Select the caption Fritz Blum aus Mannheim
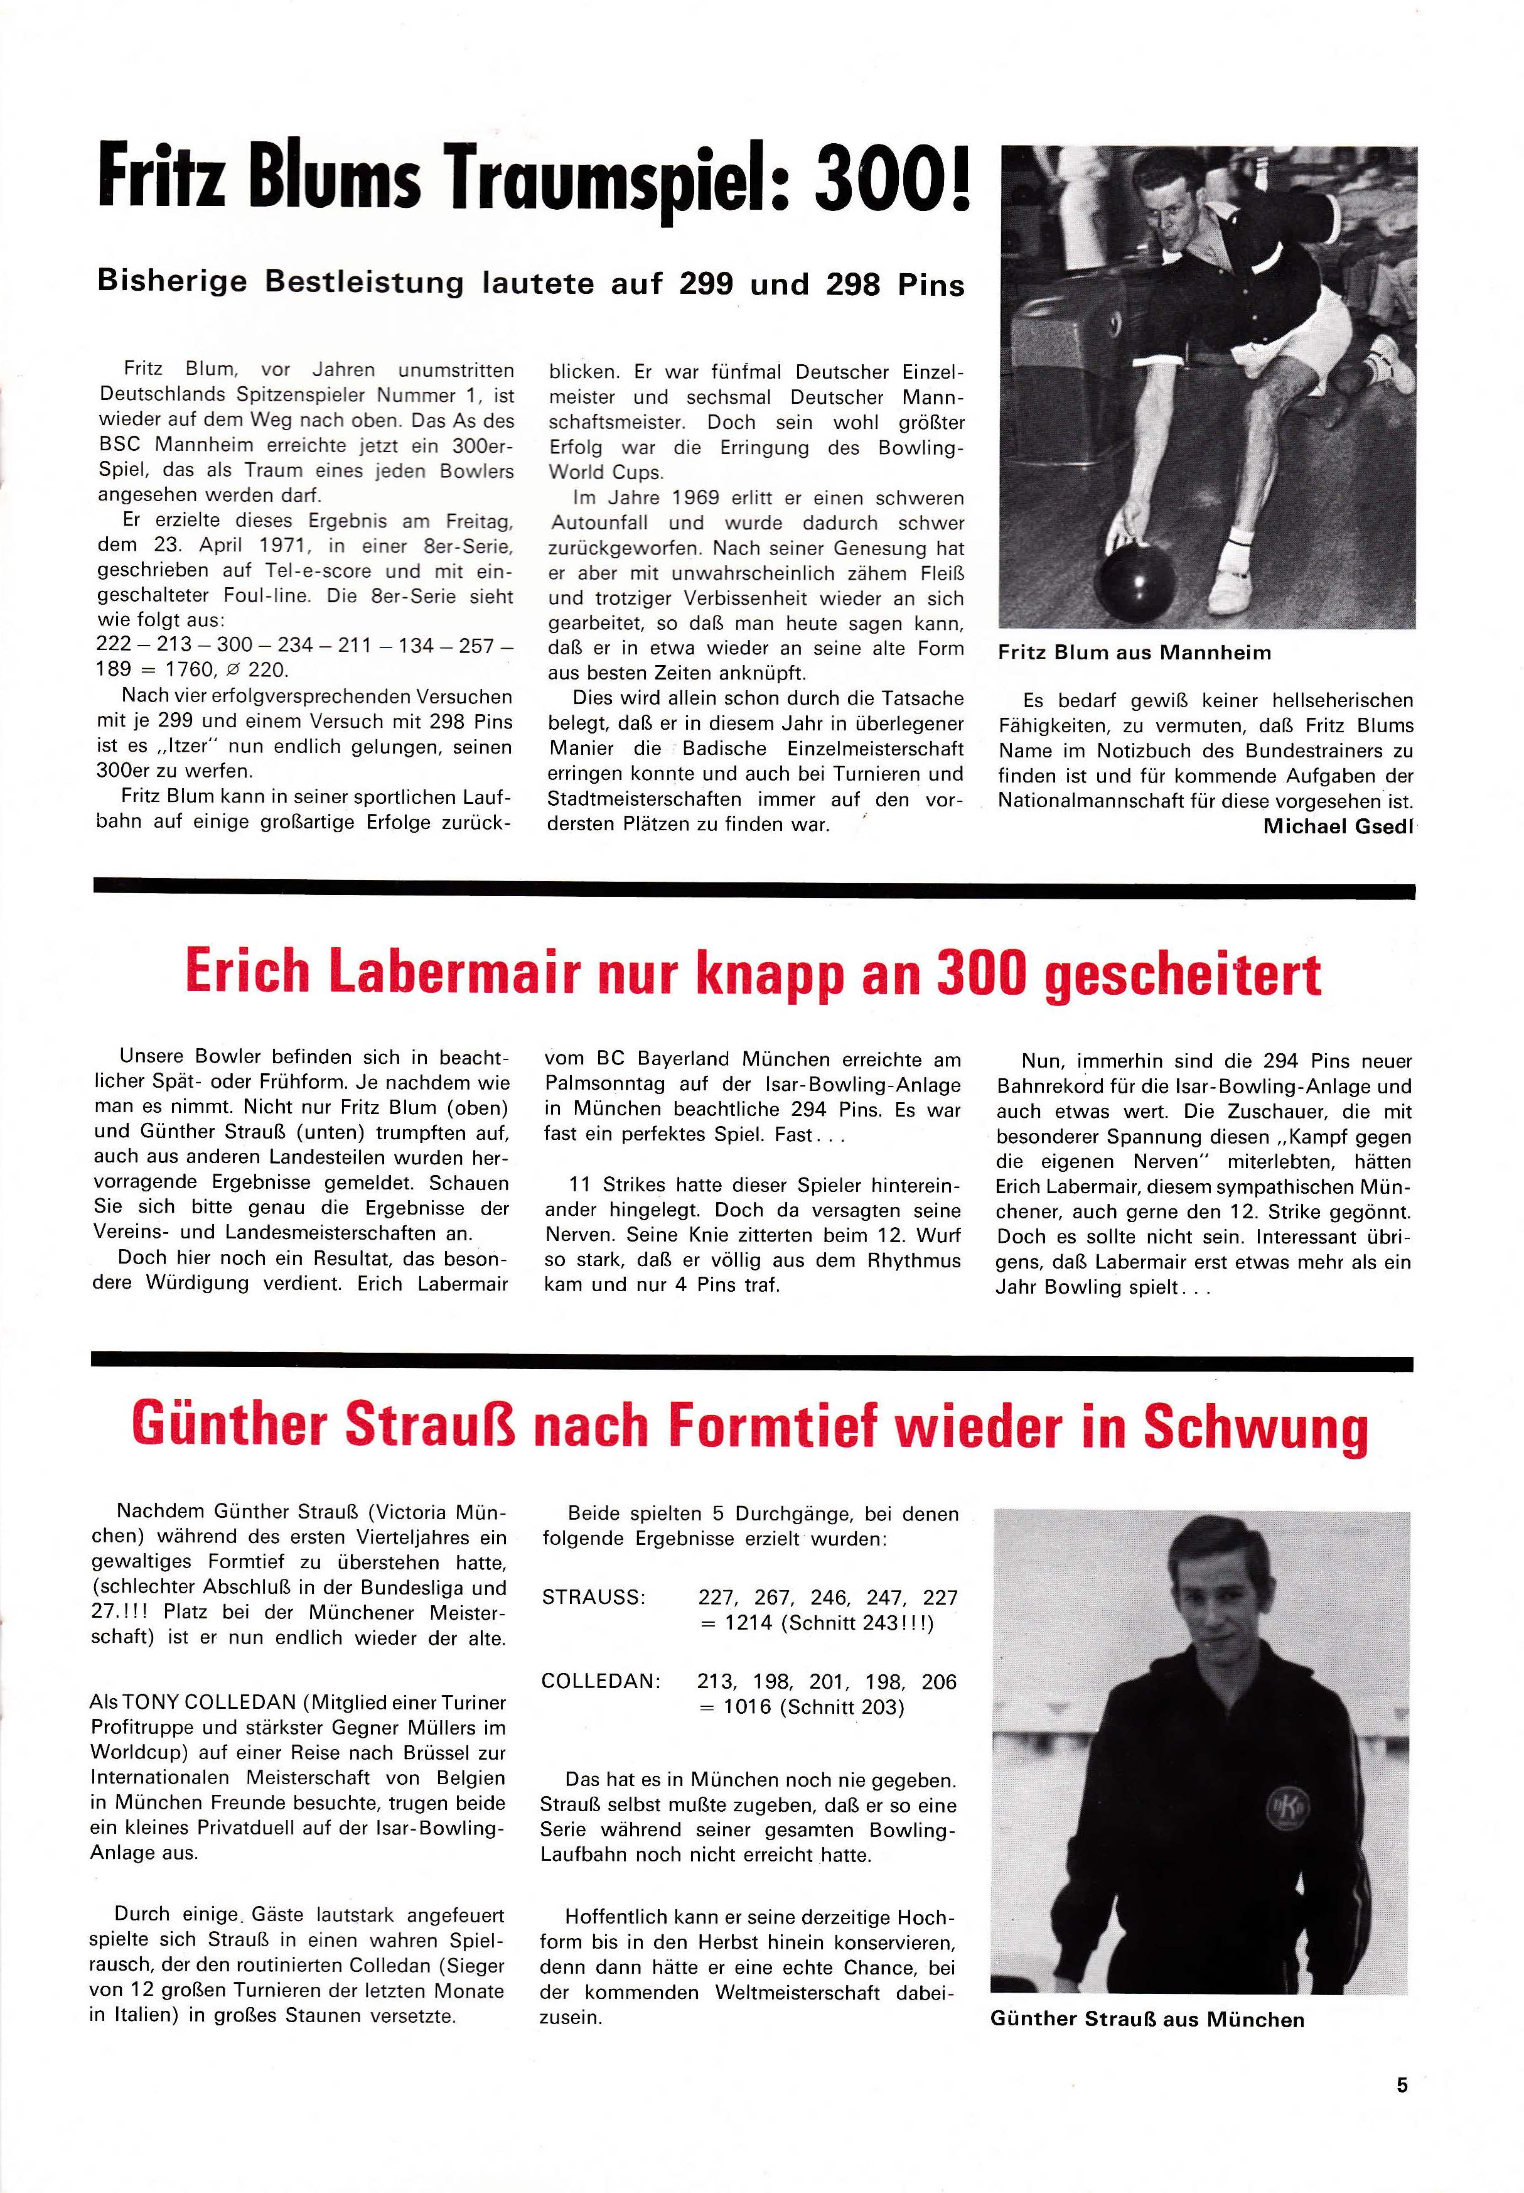coord(1134,652)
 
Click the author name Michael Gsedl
coord(1338,826)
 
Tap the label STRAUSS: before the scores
coord(593,1598)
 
